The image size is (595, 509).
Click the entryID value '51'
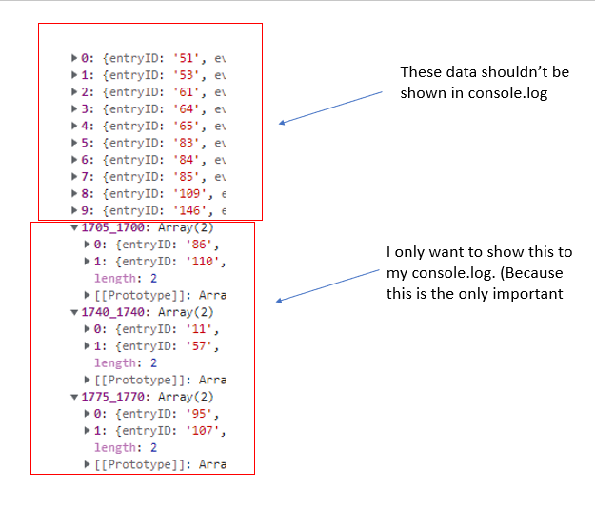[187, 58]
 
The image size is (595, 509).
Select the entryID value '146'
[189, 211]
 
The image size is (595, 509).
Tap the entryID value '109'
[189, 194]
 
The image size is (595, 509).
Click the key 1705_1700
[112, 227]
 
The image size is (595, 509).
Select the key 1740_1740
[112, 312]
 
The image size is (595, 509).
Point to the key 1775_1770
[112, 397]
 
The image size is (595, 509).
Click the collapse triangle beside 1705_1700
[74, 228]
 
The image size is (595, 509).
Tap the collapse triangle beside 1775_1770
[74, 397]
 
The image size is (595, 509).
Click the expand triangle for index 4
[74, 126]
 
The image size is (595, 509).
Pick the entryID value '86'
[199, 245]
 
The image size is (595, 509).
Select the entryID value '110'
[202, 262]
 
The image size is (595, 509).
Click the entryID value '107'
[202, 431]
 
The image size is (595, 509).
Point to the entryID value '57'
[199, 346]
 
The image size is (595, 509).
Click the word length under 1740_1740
[116, 363]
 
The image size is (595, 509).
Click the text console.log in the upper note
[507, 93]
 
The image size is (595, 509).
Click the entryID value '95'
[199, 414]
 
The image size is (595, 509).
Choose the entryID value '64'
[187, 109]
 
